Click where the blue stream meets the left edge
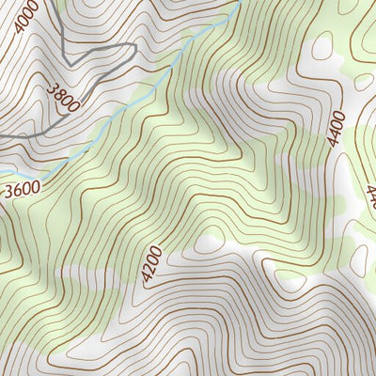pyautogui.click(x=2, y=171)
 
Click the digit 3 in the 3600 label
pyautogui.click(x=9, y=193)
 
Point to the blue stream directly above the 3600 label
pyautogui.click(x=28, y=175)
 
